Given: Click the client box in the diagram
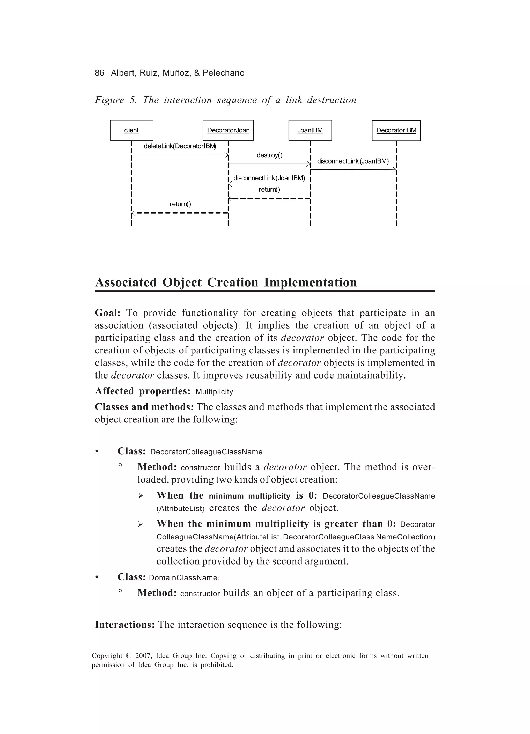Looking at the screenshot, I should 131,130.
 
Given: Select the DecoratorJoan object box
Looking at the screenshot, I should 228,130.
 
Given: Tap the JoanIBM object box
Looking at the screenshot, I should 310,130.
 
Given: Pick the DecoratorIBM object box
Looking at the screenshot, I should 396,130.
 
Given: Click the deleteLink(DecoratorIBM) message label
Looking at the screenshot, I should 180,146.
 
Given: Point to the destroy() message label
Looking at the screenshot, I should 269,155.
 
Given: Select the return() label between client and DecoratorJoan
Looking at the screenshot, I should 180,204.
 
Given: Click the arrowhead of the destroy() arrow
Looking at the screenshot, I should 308,164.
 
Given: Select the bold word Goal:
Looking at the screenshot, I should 107,313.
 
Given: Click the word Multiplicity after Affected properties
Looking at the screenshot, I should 214,392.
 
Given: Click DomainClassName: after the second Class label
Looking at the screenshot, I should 184,578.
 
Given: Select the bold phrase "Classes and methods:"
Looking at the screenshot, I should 144,407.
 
